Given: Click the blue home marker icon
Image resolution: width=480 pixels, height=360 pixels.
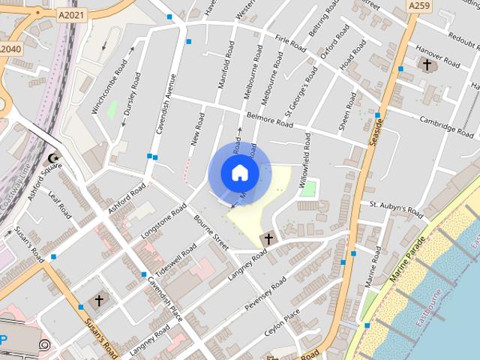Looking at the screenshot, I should click(239, 172).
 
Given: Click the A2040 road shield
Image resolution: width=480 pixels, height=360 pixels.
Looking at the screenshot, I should click(10, 49).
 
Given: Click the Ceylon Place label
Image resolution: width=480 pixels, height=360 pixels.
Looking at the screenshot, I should click(281, 322).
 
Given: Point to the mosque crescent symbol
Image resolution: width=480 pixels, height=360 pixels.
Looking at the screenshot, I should click(52, 158).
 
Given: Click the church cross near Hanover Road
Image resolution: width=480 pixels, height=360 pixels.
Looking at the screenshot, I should click(427, 65).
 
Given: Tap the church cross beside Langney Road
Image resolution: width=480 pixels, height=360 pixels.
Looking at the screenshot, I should click(268, 240).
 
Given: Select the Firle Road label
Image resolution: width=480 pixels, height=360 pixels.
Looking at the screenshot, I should click(291, 43).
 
